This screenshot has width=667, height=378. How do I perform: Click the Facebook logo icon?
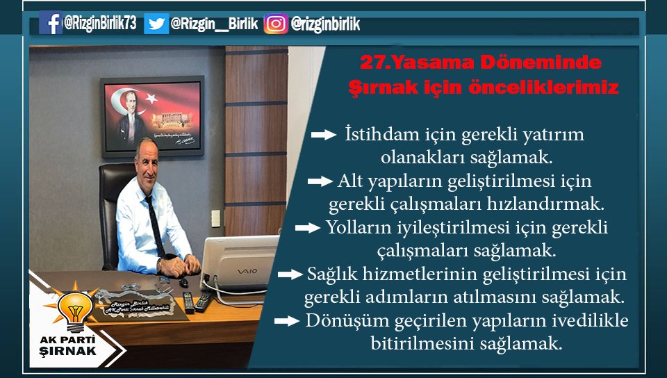tap(51, 24)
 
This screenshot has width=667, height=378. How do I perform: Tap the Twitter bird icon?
tap(156, 24)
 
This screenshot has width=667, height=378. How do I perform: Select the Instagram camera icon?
tap(276, 24)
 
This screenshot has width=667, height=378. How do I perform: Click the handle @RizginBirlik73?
tap(99, 24)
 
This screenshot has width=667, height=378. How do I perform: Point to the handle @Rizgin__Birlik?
tap(214, 24)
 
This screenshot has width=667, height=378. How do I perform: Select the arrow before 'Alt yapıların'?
tap(320, 181)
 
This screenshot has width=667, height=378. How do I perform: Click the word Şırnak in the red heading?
tap(376, 89)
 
